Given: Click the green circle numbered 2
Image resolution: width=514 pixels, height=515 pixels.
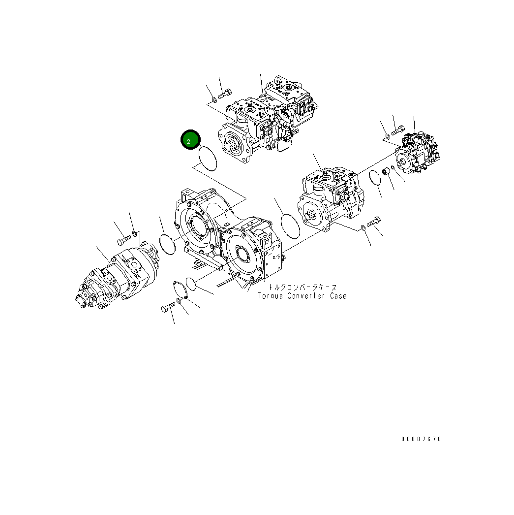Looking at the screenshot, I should click(x=189, y=140).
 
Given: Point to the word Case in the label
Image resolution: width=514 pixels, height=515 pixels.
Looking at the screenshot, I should click(x=338, y=296).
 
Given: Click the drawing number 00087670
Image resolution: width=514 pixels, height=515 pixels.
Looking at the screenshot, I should click(x=421, y=439).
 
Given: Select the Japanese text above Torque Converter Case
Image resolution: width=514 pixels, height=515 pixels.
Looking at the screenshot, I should click(x=302, y=287).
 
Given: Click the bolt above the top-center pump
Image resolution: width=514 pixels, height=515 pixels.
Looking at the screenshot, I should click(x=225, y=92).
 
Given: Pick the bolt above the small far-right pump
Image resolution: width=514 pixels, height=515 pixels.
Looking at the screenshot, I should click(x=397, y=130).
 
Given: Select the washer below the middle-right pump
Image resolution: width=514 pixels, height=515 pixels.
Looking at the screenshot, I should click(x=363, y=227).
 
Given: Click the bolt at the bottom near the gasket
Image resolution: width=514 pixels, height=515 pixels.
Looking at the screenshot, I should click(x=167, y=308).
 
